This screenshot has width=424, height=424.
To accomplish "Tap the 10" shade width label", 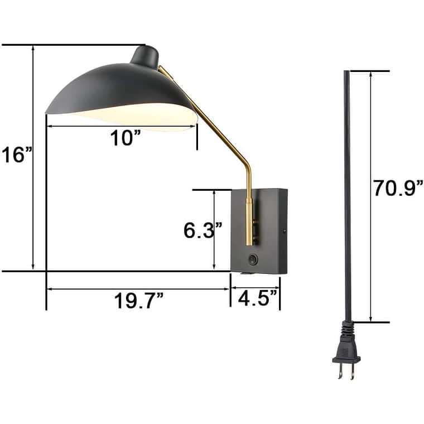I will pyautogui.click(x=123, y=137).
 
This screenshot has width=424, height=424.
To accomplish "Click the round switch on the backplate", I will pyautogui.click(x=254, y=259).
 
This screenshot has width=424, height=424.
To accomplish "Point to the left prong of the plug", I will pyautogui.click(x=339, y=372).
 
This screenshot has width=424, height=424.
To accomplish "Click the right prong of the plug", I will pyautogui.click(x=353, y=372).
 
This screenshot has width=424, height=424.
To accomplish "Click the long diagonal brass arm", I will pyautogui.click(x=206, y=117).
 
